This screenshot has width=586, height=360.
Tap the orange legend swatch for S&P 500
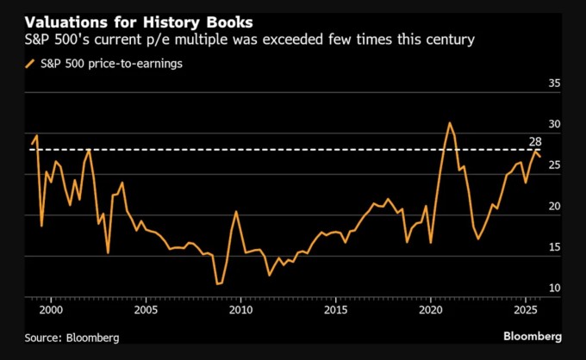point(31,63)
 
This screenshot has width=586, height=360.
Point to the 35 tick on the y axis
point(555,84)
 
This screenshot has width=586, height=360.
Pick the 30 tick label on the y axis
point(555,125)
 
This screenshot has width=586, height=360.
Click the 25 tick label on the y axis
point(555,165)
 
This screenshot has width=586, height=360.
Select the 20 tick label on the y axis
point(555,207)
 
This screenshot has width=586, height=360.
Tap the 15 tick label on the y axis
point(555,247)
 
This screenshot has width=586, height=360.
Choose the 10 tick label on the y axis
point(555,288)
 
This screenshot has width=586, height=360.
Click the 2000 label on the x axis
point(51,308)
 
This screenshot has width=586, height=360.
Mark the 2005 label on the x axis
point(146,308)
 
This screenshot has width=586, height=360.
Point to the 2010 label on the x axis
point(240,308)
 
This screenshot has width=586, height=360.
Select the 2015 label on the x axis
point(335,308)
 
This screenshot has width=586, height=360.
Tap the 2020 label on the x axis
point(430,308)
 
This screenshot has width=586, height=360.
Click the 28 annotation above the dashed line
point(533,140)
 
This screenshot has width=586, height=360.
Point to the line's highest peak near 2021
point(449,123)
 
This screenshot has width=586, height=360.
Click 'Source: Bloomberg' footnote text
point(72,338)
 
